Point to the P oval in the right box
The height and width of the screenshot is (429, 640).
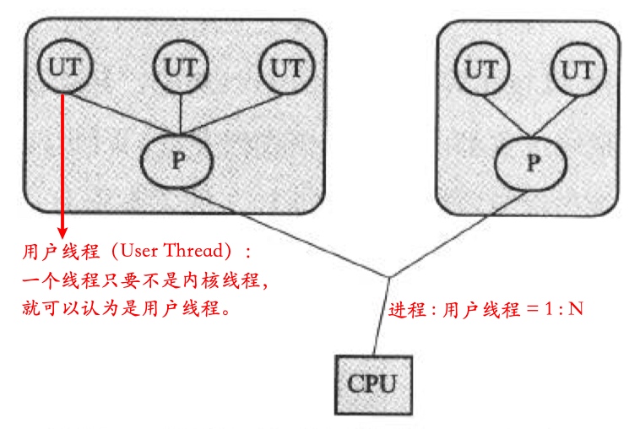530,161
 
